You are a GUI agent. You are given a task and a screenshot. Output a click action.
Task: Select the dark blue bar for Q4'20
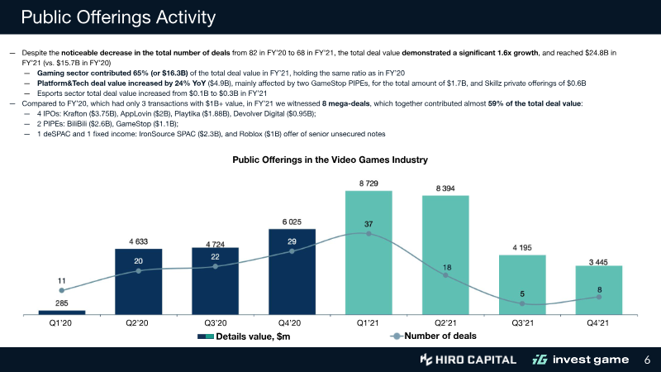point(292,272)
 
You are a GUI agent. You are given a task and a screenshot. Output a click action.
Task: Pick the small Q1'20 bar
point(62,312)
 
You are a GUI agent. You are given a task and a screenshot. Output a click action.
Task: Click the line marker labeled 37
point(369,234)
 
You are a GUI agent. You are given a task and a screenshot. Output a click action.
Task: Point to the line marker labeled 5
point(522,304)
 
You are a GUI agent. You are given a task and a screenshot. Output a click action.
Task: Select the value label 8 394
point(445,188)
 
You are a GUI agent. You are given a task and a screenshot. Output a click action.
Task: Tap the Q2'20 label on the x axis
point(138,323)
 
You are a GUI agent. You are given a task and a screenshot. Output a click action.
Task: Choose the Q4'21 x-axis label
point(599,323)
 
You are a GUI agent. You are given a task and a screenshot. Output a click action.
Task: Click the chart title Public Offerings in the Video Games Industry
point(330,159)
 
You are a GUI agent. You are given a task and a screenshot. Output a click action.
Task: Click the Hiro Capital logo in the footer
point(468,360)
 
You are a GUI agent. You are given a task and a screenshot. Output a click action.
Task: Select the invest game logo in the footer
point(579,360)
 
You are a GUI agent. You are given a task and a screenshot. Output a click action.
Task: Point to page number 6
point(647,360)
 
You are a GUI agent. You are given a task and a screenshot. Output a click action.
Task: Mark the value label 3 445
point(599,261)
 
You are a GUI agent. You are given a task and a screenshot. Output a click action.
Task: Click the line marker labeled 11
point(62,290)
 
